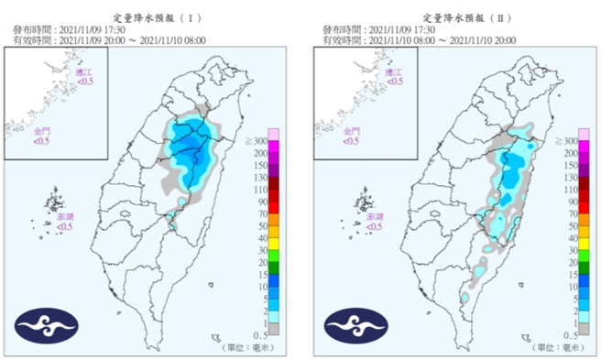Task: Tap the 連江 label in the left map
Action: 84,71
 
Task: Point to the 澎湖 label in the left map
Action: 64,217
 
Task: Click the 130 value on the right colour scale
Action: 584,177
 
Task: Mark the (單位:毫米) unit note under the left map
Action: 247,347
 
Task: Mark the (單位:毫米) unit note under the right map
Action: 557,347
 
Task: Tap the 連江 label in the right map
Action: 393,71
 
